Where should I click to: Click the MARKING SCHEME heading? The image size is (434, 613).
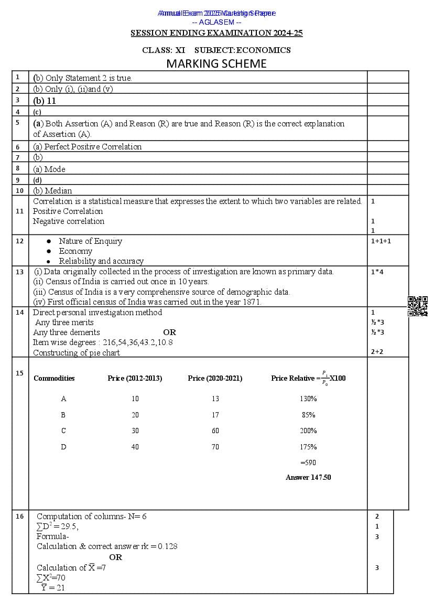(216, 64)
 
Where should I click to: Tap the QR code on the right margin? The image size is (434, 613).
(417, 306)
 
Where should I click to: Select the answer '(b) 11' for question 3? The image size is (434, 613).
(45, 101)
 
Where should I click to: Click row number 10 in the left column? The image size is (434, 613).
(19, 190)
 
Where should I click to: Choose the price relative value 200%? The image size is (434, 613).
(308, 431)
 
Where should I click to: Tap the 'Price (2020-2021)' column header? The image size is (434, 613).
(215, 378)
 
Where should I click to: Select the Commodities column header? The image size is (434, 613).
(54, 378)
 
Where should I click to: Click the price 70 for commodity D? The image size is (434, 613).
(215, 447)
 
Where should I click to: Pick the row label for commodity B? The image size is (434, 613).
(63, 415)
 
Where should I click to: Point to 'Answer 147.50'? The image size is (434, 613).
(308, 477)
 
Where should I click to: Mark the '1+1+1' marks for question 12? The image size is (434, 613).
(381, 241)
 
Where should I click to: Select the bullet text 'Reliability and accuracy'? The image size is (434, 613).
(101, 261)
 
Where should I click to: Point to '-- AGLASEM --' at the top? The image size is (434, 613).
(216, 22)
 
